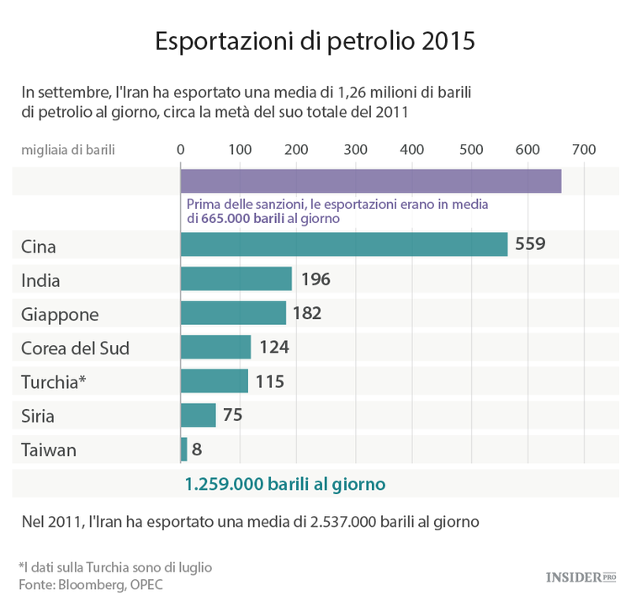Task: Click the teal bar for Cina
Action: (x=343, y=245)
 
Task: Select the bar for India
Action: (x=236, y=279)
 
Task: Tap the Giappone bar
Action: (x=233, y=313)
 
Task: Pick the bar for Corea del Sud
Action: (x=215, y=347)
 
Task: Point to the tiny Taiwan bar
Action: (x=183, y=449)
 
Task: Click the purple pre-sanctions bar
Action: (x=370, y=181)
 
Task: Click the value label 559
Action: (x=530, y=245)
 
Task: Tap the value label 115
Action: (x=269, y=381)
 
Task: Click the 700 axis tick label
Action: (x=584, y=150)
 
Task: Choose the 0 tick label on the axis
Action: (x=181, y=150)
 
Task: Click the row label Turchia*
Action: (x=55, y=381)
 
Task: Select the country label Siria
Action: (x=38, y=416)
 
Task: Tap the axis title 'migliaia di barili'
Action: (x=68, y=150)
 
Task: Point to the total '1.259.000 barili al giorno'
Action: (x=284, y=484)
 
